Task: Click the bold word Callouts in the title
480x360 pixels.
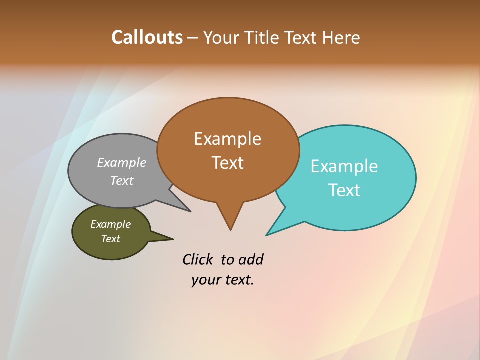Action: [x=147, y=37]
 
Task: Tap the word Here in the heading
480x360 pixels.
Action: [x=341, y=37]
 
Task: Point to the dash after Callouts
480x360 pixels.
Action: [x=192, y=38]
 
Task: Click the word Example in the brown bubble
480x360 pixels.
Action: [x=227, y=139]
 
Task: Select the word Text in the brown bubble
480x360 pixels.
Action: [x=227, y=163]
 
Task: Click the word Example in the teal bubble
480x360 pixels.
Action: [x=344, y=166]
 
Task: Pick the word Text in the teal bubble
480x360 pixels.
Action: [x=344, y=190]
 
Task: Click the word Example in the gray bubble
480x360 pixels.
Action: [x=122, y=163]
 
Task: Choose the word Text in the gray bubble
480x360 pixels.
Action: [x=122, y=180]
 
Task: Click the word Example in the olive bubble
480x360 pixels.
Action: [x=110, y=224]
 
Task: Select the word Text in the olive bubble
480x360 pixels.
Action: [x=110, y=239]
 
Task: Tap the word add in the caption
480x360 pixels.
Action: [x=250, y=259]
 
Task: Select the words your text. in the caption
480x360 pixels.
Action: [x=222, y=280]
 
